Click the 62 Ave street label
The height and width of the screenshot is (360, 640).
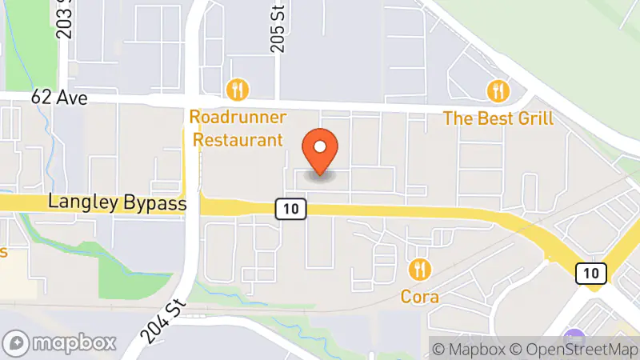58,98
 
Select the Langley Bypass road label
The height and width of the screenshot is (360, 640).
118,204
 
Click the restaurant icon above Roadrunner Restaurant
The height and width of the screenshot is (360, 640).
237,89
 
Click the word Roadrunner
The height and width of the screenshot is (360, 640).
238,118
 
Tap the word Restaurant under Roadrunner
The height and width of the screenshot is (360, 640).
238,140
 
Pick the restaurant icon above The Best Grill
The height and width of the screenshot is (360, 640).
499,90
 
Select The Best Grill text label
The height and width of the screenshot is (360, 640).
498,119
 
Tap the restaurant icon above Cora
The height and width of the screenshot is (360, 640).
419,269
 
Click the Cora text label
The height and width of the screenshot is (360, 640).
419,297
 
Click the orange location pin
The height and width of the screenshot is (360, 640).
321,152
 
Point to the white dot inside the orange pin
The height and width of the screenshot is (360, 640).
321,147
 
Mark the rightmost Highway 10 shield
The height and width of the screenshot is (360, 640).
590,274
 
